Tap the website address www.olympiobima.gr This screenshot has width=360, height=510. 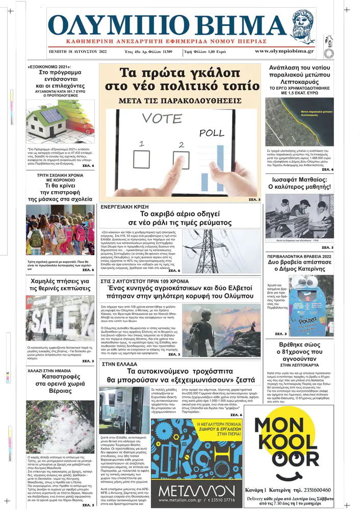285,52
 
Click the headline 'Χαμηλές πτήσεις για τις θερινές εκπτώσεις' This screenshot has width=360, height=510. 53,285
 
